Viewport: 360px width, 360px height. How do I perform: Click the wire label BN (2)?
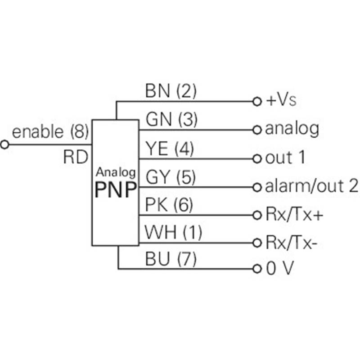[x=171, y=91]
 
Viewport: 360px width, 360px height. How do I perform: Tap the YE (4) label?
[x=170, y=148]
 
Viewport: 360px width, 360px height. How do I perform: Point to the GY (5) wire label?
[x=171, y=177]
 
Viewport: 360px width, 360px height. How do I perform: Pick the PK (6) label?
[x=169, y=205]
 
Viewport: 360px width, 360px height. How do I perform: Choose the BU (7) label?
[x=171, y=259]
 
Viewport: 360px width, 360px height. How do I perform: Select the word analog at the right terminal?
[x=292, y=130]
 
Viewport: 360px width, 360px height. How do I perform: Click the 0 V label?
[x=279, y=269]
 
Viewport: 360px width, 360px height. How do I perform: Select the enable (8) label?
[x=50, y=132]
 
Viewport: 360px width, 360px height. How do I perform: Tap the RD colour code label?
[x=75, y=157]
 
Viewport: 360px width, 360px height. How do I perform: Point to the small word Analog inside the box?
[x=116, y=171]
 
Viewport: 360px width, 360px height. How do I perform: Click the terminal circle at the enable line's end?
[x=5, y=145]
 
